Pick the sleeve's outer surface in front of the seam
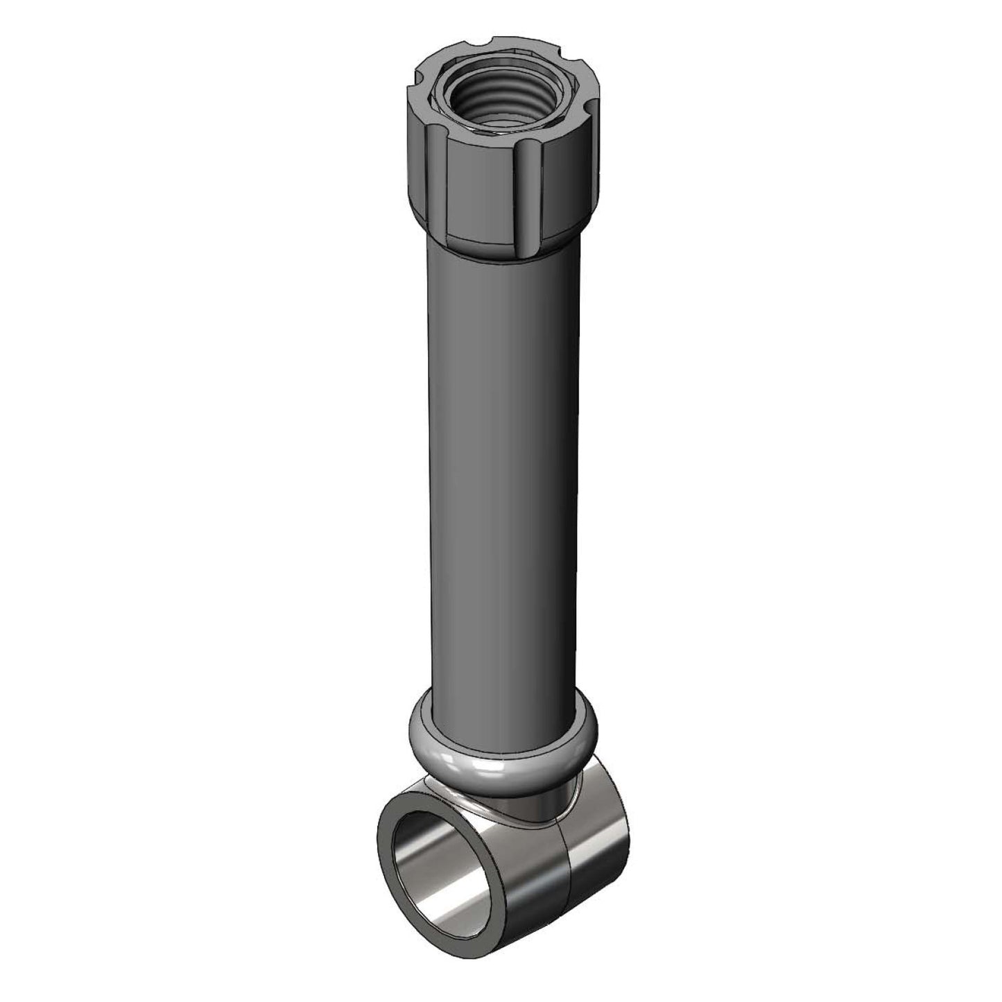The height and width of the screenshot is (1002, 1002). [527, 860]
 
